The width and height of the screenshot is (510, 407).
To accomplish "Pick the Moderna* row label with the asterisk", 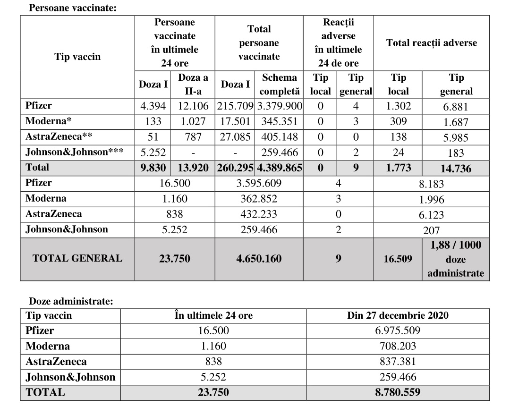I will (48, 121).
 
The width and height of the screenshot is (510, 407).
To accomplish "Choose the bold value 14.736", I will (456, 168).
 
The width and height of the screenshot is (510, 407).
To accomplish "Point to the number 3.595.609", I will (259, 183).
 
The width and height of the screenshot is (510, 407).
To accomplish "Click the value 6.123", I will (432, 214).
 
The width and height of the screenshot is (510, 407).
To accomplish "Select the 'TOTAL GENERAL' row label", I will (77, 258).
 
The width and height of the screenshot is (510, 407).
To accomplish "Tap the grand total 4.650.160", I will (259, 258).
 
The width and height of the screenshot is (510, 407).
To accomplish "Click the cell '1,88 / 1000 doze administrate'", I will (456, 259).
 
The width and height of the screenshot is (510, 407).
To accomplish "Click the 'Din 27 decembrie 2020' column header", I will (398, 315).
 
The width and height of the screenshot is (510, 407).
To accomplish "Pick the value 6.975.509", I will (398, 331).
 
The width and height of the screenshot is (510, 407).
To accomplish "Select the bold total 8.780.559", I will (398, 392).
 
